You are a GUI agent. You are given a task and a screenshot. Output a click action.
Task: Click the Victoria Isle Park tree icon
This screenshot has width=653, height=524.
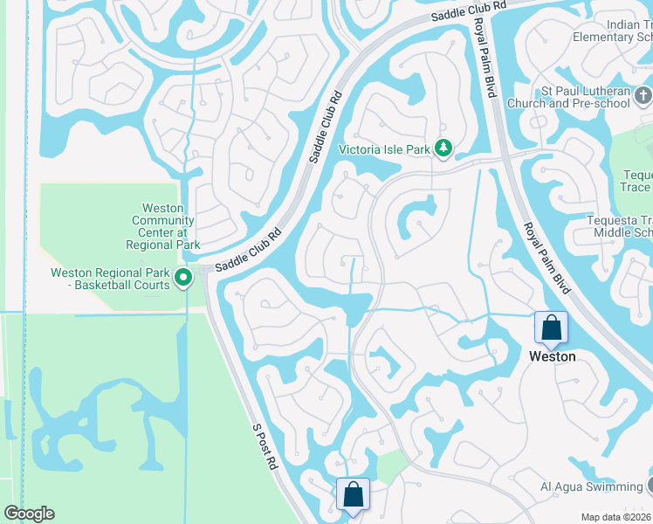(443, 149)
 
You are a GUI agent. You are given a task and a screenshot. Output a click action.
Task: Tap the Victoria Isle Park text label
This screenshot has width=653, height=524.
(385, 150)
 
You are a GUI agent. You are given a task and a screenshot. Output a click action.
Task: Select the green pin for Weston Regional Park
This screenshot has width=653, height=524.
(183, 279)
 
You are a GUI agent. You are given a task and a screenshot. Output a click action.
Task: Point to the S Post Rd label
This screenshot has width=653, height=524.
(265, 447)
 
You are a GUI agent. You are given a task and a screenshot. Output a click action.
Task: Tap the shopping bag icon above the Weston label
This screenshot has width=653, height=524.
(552, 328)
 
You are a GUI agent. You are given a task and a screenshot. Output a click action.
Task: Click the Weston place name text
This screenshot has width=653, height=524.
(552, 356)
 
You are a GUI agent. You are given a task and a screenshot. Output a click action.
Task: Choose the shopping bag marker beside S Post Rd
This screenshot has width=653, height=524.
(353, 494)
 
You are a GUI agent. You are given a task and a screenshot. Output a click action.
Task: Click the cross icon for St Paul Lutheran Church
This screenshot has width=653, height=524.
(643, 94)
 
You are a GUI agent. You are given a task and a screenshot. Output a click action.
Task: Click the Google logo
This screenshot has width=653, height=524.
(29, 514)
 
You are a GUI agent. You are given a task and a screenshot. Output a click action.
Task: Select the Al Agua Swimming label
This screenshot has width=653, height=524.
(590, 486)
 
